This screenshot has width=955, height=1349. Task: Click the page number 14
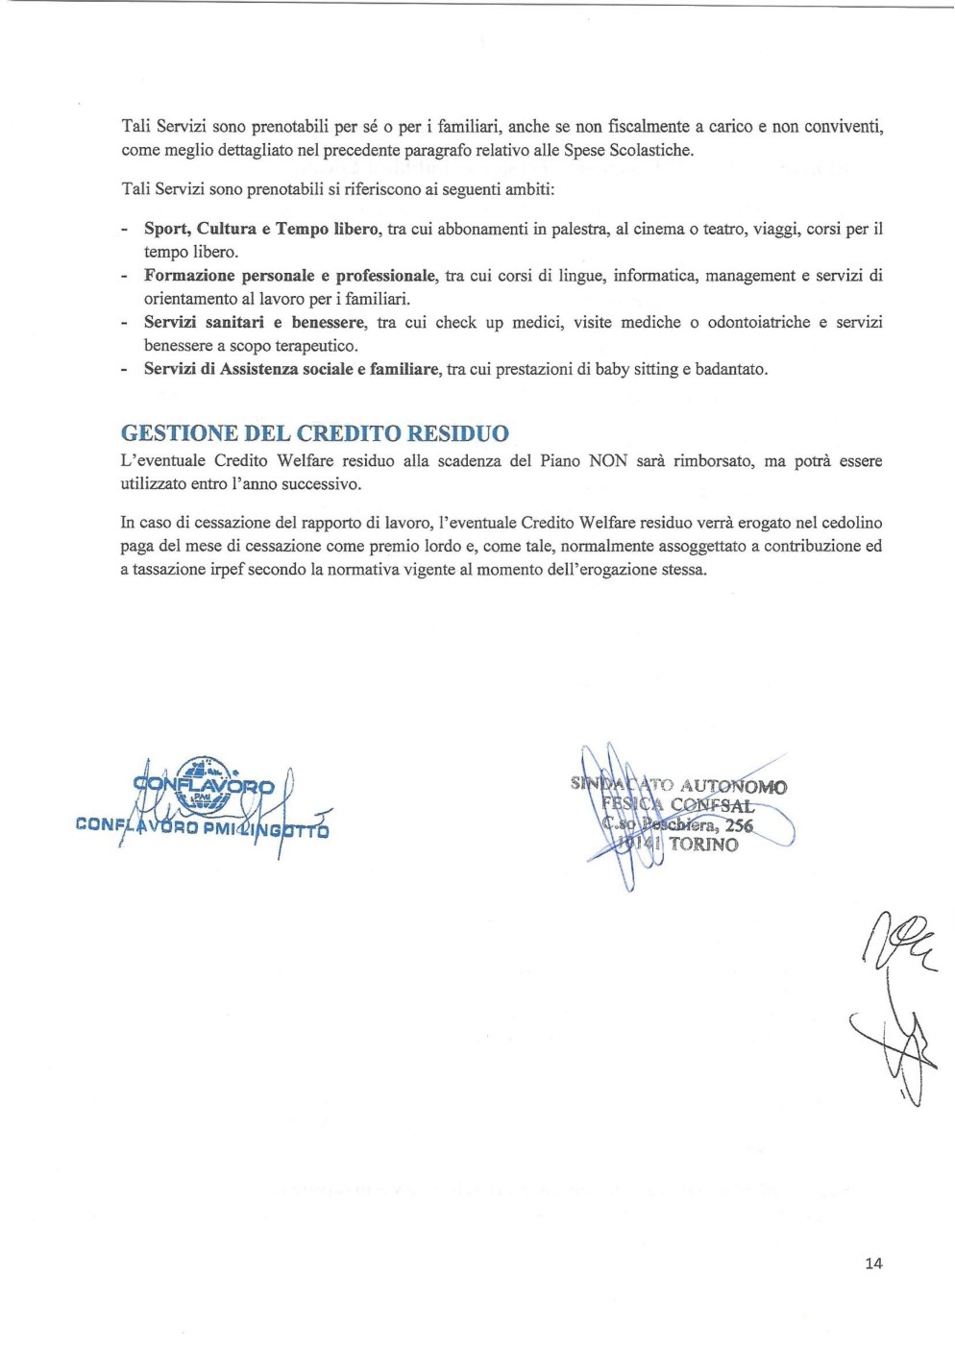[872, 1263]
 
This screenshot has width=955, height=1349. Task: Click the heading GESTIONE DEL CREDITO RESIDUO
[315, 433]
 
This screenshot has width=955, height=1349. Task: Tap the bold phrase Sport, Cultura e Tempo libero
[261, 229]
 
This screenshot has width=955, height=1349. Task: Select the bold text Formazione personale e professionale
[290, 276]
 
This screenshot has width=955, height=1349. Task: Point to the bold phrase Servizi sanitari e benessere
[255, 322]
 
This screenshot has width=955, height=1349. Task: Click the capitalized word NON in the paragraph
[607, 461]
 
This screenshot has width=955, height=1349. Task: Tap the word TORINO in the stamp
[703, 845]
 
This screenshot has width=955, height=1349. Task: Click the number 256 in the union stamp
[739, 825]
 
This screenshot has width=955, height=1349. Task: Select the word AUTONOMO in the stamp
[733, 787]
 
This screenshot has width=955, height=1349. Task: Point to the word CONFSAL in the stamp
[712, 806]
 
